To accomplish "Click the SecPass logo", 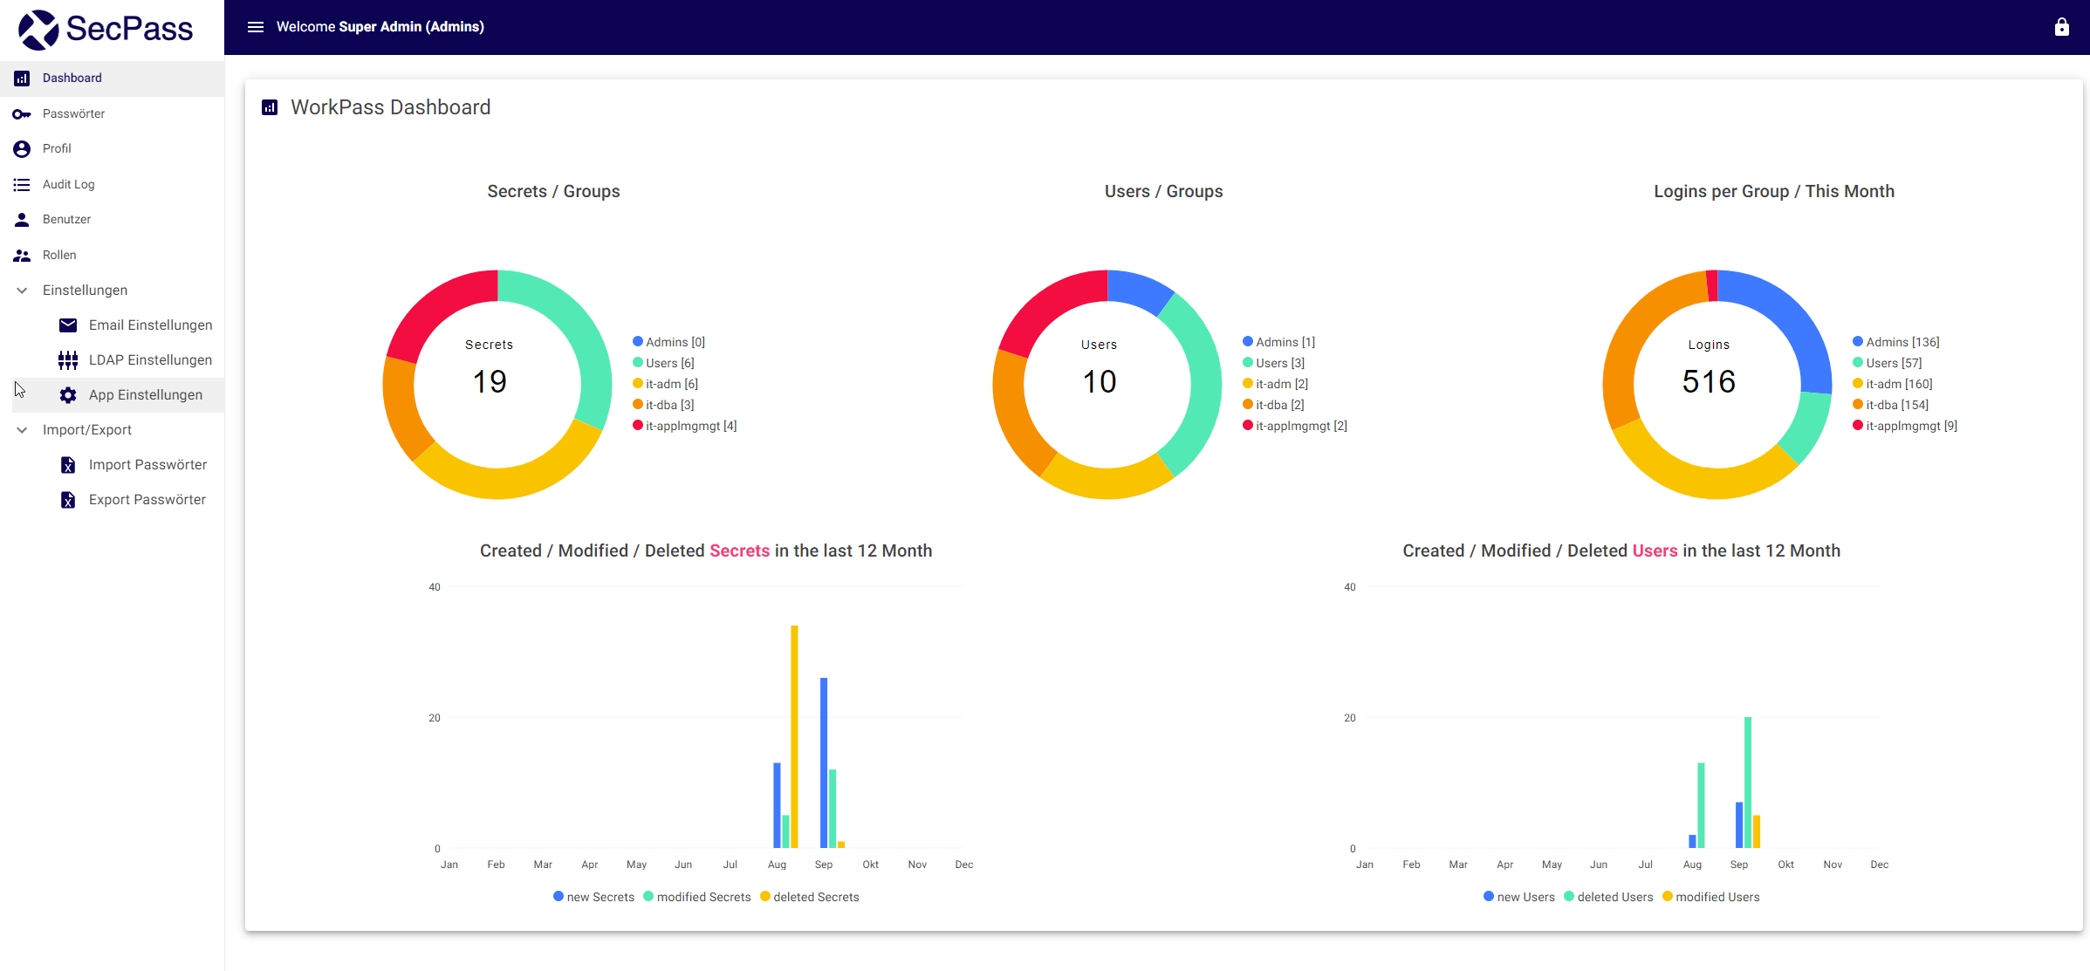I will click(106, 29).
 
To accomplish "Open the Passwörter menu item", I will click(73, 113).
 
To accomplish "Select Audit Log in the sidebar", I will click(68, 184).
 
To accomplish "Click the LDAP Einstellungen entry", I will click(150, 359).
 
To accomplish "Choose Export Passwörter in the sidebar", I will click(147, 499).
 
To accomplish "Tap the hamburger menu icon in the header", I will click(256, 27).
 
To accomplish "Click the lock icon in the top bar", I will click(2061, 27).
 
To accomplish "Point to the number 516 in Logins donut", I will click(1708, 381).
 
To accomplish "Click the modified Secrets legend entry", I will click(702, 897).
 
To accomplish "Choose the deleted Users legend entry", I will click(1614, 897).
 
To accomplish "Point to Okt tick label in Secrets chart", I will click(870, 865).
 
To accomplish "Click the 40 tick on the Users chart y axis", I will click(1349, 587).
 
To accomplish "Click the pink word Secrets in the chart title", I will click(739, 550).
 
